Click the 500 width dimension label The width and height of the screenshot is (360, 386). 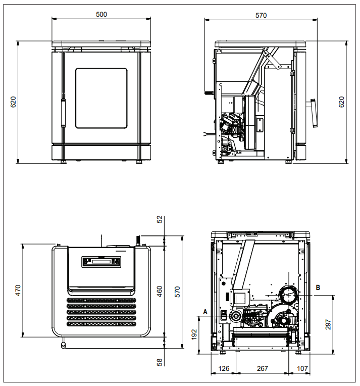(101, 14)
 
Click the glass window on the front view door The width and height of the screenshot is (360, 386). (101, 98)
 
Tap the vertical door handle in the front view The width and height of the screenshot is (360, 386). (64, 112)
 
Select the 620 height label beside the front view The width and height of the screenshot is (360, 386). (13, 102)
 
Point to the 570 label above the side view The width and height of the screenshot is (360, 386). (261, 15)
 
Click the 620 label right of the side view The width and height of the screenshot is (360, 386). (341, 102)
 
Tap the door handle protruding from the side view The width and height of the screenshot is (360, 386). (312, 113)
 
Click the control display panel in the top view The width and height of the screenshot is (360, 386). (101, 262)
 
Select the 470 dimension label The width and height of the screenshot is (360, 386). (18, 290)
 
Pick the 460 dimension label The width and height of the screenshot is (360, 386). (160, 291)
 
